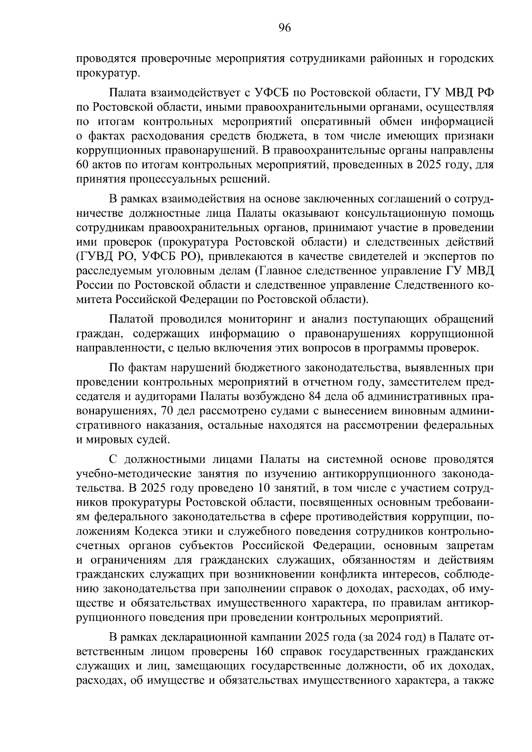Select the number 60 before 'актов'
(83, 166)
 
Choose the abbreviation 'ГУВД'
(93, 256)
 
